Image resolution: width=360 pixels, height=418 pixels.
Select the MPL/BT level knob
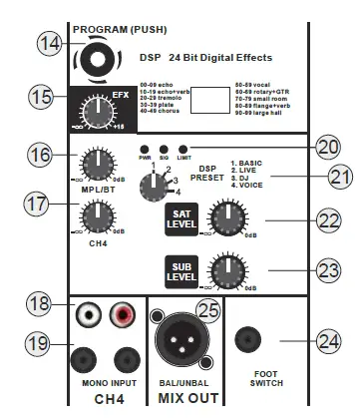97,163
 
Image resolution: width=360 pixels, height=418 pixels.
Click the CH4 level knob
97,211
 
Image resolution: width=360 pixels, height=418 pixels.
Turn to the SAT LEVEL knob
226,216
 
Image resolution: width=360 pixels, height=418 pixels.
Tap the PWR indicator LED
146,148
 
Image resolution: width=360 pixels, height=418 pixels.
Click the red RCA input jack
123,315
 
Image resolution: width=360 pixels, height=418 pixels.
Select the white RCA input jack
84,315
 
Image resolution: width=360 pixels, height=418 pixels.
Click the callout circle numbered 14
50,44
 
